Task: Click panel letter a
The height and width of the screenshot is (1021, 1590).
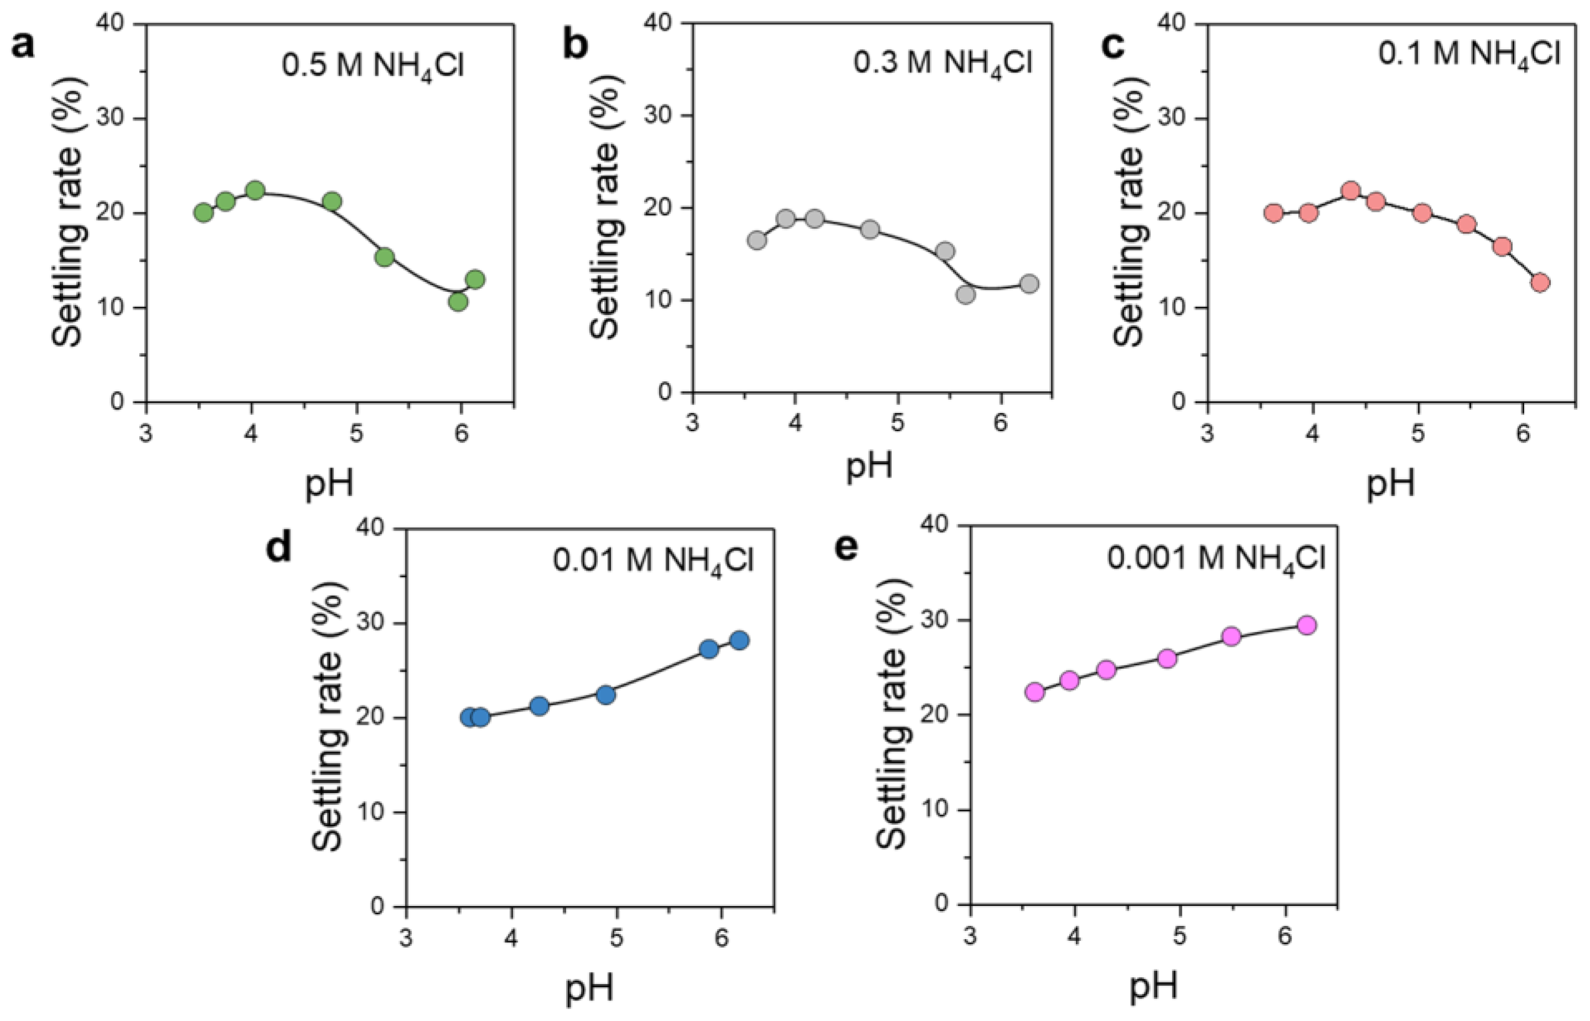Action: (x=24, y=48)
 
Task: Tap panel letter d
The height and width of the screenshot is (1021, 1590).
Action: (x=279, y=548)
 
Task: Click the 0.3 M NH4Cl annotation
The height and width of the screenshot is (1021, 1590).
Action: (x=942, y=64)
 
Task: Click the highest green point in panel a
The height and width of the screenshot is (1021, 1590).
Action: (x=255, y=191)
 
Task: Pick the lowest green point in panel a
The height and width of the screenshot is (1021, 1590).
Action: (x=458, y=302)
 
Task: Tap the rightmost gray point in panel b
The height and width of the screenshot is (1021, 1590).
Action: (x=1029, y=284)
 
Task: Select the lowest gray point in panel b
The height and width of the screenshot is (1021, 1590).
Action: (x=966, y=295)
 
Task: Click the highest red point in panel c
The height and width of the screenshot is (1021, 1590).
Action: (x=1351, y=191)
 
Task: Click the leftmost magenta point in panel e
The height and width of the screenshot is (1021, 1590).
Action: (x=1034, y=692)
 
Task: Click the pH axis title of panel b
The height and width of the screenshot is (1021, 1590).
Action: (x=869, y=466)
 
